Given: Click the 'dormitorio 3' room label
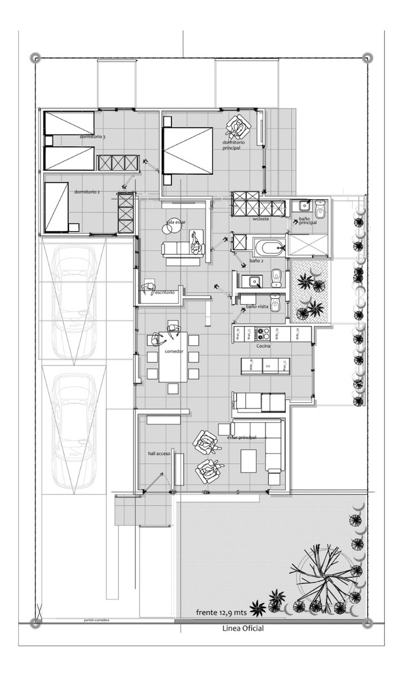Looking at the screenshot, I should click(92, 137).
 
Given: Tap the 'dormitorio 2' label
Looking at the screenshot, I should click(87, 192).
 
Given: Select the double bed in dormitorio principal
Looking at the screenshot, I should click(187, 151).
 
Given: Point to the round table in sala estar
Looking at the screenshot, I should click(170, 228).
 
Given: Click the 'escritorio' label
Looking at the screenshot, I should click(165, 292).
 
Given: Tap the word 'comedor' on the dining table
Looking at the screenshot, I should click(174, 351).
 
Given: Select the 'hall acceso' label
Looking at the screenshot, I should click(159, 453).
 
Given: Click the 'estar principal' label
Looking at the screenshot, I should click(242, 437).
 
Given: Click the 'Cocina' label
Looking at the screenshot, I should click(264, 346).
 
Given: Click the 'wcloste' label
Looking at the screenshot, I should click(261, 218).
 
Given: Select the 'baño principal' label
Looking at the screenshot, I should click(308, 221).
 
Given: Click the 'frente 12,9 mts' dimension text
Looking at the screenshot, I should click(222, 612).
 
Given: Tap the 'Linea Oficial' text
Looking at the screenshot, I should click(243, 628).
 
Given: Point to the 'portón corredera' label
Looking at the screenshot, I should click(96, 621).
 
